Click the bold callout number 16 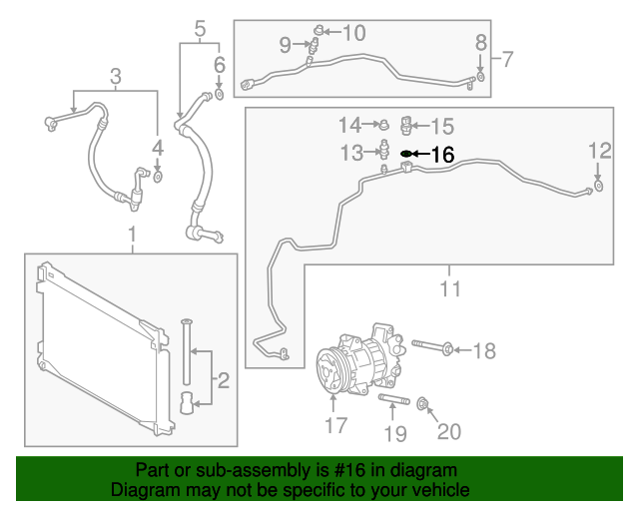[442, 155]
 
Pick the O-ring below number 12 [597, 185]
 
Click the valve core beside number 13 [383, 150]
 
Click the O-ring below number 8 [480, 76]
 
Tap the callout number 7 [507, 60]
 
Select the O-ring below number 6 [220, 96]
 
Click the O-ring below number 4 [158, 179]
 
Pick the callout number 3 [115, 76]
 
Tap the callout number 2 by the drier [224, 379]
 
